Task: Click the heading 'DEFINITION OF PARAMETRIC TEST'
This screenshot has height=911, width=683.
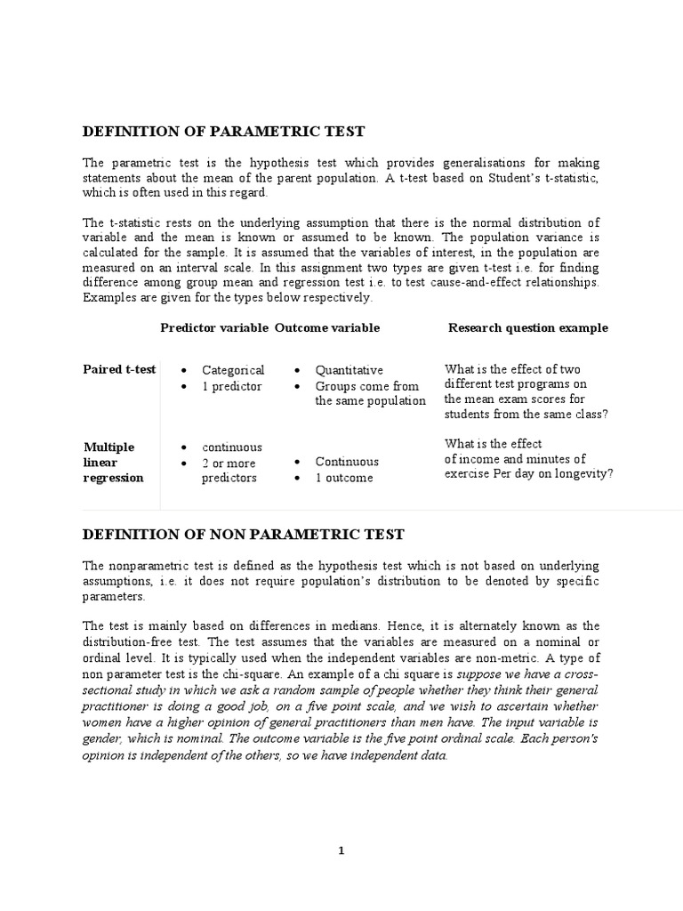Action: click(x=223, y=132)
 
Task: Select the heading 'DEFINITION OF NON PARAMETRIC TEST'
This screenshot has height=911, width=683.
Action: click(x=243, y=535)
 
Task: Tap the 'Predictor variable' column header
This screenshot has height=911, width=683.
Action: click(x=213, y=327)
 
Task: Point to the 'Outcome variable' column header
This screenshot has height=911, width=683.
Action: click(x=326, y=327)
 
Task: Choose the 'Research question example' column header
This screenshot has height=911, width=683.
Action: click(x=528, y=327)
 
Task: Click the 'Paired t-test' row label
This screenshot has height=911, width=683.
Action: click(x=119, y=369)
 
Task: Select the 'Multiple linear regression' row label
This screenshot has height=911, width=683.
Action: click(x=113, y=462)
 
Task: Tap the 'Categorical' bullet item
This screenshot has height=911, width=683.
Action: click(x=233, y=370)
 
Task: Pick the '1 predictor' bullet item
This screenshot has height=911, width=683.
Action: click(x=231, y=387)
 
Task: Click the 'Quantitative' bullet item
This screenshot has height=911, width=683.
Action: click(x=350, y=370)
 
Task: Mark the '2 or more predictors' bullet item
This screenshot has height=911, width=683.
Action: click(x=229, y=471)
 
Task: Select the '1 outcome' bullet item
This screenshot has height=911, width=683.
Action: click(x=344, y=478)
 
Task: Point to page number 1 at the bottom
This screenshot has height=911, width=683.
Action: click(x=341, y=851)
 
